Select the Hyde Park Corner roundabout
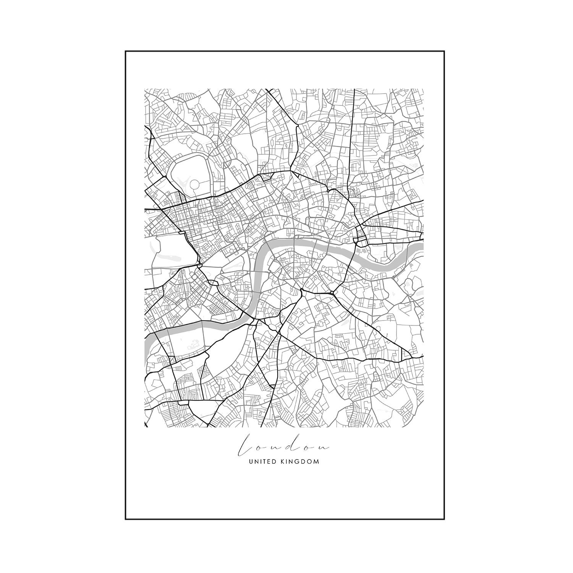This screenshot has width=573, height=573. [199, 264]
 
